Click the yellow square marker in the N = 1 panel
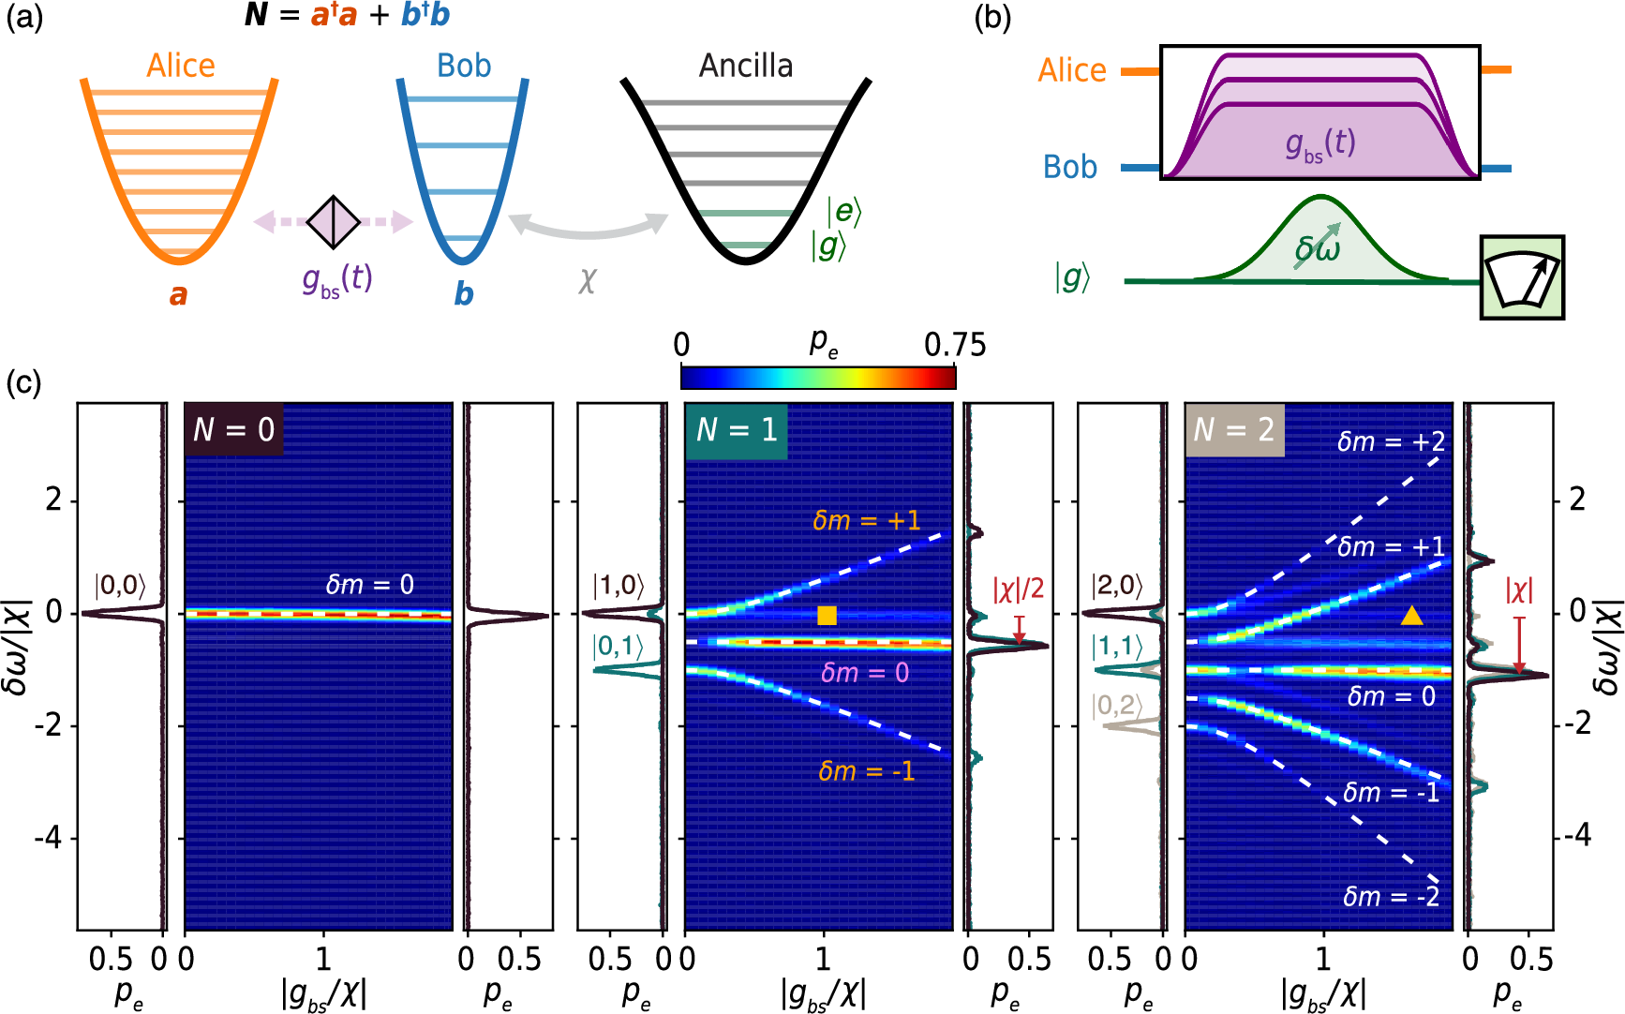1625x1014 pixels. pos(827,616)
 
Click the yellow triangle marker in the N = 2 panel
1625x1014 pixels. pos(1411,616)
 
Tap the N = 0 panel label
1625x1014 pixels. pos(233,430)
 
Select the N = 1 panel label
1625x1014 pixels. pos(737,430)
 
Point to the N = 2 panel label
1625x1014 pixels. pos(1235,430)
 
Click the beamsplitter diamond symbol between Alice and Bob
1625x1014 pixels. pos(335,222)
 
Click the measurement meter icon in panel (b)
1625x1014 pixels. pos(1522,277)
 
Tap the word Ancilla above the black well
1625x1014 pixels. pos(746,66)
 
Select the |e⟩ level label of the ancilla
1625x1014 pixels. pos(843,212)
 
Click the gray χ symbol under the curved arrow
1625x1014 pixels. pos(588,279)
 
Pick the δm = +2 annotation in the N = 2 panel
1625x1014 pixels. pos(1391,441)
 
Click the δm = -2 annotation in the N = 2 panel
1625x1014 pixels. pos(1391,897)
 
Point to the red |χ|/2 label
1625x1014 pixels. pos(1018,589)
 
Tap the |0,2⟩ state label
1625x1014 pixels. pos(1116,706)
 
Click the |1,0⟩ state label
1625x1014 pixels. pos(618,586)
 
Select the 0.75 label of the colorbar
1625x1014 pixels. pos(954,346)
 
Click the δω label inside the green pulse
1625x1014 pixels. pos(1317,249)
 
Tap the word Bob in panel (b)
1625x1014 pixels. pos(1069,167)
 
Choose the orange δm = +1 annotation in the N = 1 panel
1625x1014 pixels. pos(866,521)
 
